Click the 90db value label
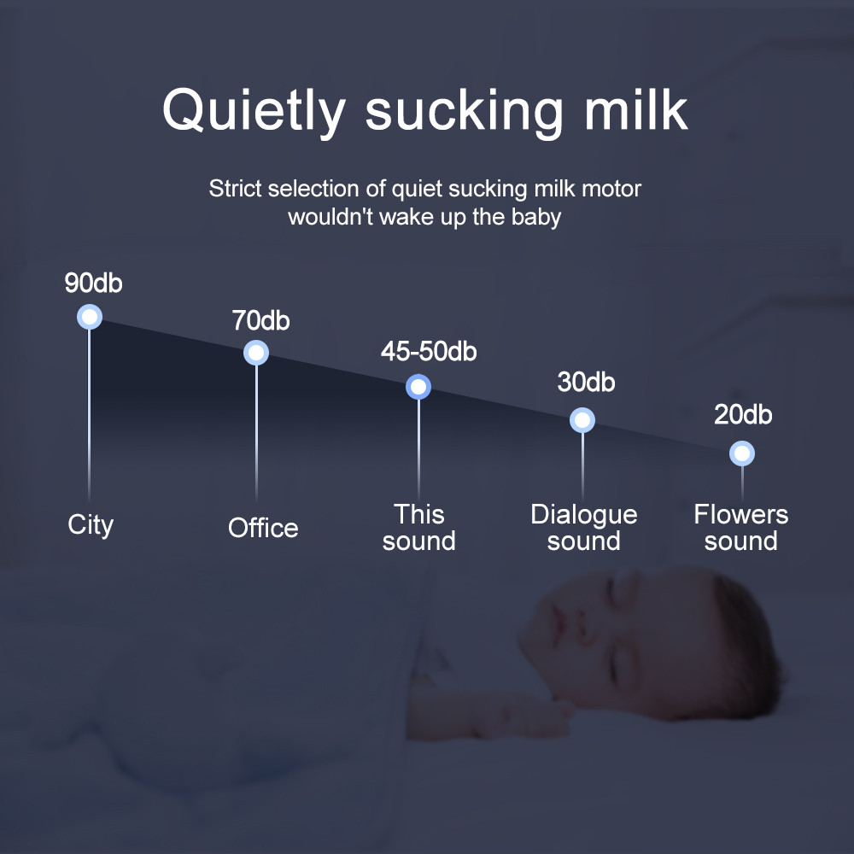(94, 284)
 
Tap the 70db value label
(260, 321)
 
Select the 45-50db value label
(429, 351)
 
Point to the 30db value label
(586, 382)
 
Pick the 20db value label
(743, 415)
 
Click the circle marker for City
(90, 317)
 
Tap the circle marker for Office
(256, 352)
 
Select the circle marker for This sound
(418, 388)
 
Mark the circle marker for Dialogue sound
(582, 420)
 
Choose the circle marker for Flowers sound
(742, 453)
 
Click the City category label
(91, 524)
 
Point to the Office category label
(263, 528)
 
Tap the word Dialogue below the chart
(584, 514)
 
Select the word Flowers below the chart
(741, 514)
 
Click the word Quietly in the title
(254, 111)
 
